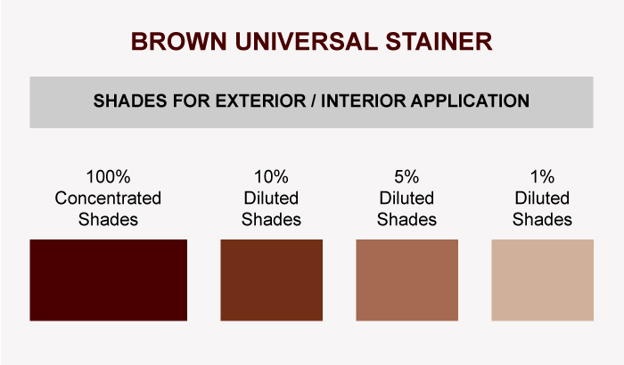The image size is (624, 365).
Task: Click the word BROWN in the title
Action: pos(179,41)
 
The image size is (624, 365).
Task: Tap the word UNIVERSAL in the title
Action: pos(307,41)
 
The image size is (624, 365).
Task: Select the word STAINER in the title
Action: pos(439,41)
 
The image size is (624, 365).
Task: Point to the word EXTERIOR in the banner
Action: pos(260,101)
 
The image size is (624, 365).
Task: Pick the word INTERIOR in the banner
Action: pos(364,101)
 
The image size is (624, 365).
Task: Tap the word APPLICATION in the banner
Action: pos(470,101)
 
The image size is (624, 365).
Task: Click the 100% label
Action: pos(108,176)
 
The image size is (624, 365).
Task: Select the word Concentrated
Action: pos(108,198)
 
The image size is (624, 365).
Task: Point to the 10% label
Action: pos(271,176)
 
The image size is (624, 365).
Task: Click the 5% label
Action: pos(406,176)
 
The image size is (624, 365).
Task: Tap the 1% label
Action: pos(542,176)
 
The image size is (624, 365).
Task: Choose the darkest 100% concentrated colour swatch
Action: pos(108,280)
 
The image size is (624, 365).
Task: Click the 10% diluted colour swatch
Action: pos(271,280)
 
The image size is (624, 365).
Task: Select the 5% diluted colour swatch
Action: pos(406,280)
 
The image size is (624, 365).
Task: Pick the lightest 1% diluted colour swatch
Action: pos(542,280)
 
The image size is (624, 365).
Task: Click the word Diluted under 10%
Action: pos(271,198)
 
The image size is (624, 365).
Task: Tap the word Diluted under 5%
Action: pos(406,198)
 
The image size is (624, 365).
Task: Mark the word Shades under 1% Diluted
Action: pos(542,220)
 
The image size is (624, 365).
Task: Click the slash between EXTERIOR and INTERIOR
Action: pos(314,101)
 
